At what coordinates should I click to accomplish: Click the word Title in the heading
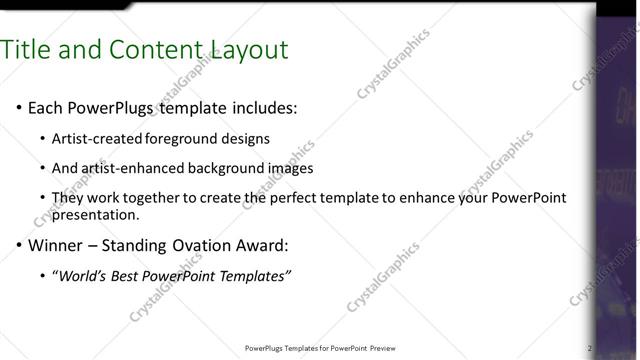(x=28, y=49)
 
